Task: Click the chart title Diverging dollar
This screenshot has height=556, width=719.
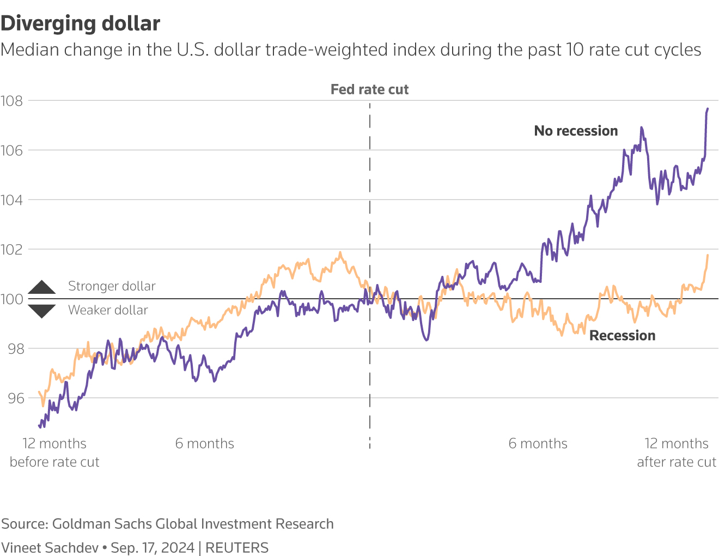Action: tap(81, 24)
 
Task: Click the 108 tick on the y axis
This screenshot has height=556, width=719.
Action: tap(11, 101)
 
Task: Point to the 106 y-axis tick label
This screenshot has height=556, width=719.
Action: tap(11, 150)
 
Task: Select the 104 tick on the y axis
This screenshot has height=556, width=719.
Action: tap(11, 200)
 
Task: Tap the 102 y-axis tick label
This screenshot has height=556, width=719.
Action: tap(11, 250)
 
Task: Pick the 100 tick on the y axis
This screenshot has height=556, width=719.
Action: tap(11, 299)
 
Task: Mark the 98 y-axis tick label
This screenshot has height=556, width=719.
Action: tap(16, 349)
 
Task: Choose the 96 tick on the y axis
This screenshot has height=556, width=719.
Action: tap(16, 398)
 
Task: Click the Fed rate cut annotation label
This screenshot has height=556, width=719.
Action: tap(369, 89)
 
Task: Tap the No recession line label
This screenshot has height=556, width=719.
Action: tap(576, 131)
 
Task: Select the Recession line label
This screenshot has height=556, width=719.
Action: tap(622, 336)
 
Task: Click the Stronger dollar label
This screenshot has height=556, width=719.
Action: tap(112, 286)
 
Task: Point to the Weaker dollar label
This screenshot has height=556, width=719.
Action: tap(108, 310)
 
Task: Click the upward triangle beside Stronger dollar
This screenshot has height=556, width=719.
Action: tap(42, 288)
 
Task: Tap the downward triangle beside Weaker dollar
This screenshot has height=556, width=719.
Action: tap(42, 311)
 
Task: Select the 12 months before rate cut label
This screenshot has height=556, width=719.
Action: tap(54, 452)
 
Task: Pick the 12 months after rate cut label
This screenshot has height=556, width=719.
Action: tap(677, 452)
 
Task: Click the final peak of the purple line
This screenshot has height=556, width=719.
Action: tap(708, 108)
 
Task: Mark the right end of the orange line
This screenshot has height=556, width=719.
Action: tap(708, 255)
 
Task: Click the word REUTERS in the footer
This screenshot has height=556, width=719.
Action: tap(237, 548)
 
